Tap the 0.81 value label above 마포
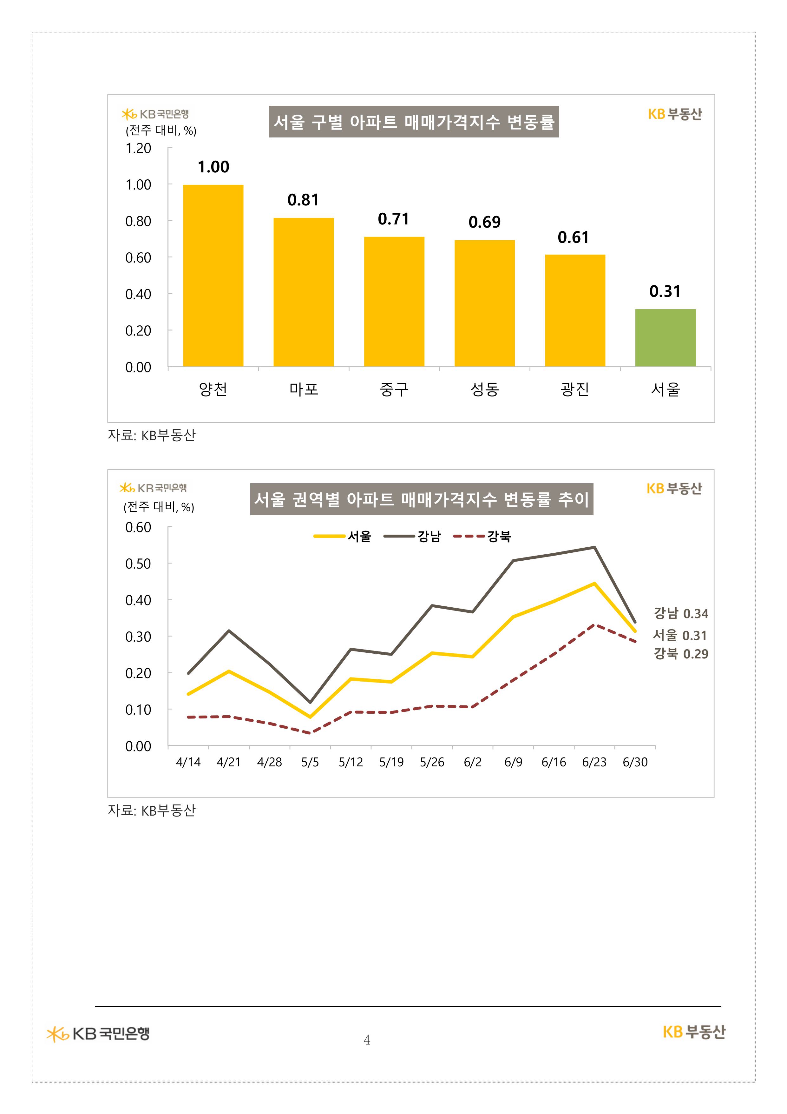(303, 200)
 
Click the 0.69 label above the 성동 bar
(484, 222)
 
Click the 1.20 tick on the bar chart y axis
(138, 149)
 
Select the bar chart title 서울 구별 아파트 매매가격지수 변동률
(414, 122)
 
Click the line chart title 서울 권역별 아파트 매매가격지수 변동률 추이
(421, 499)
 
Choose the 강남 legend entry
(413, 536)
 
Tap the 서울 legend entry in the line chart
(342, 536)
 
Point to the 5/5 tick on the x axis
(310, 762)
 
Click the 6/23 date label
(594, 762)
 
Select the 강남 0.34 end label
(681, 614)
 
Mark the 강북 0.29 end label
(681, 654)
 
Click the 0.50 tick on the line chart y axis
(138, 564)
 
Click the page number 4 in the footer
(367, 1040)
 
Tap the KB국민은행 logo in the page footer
(98, 1033)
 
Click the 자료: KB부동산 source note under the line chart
(151, 810)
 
